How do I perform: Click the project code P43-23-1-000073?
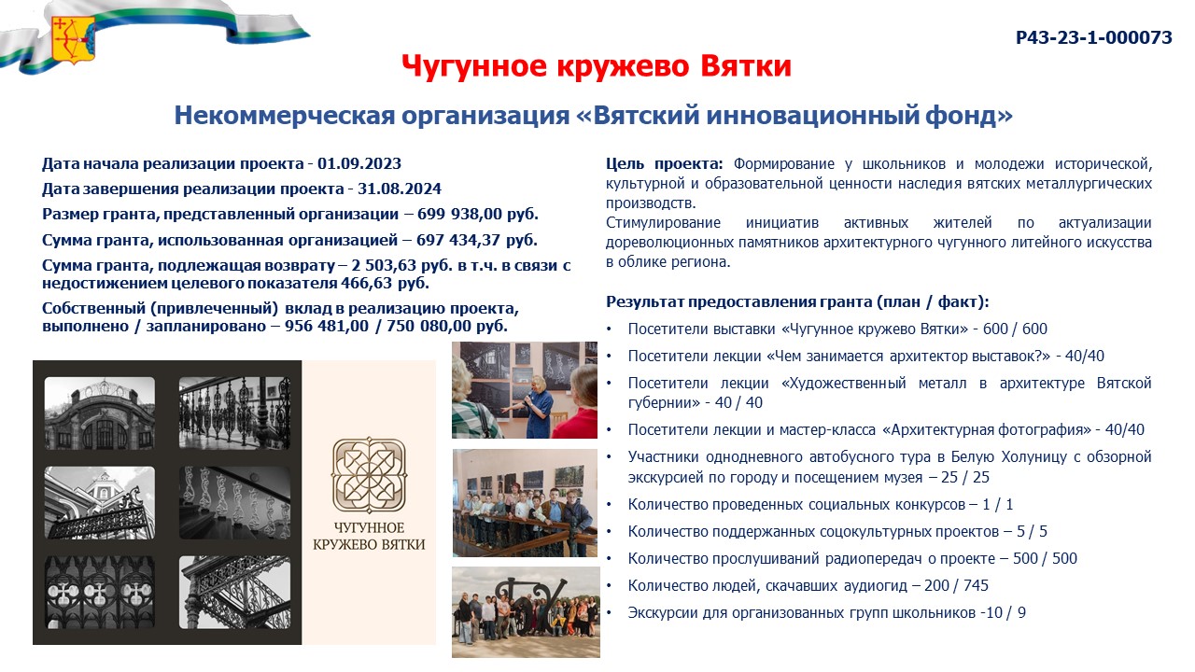pyautogui.click(x=1093, y=37)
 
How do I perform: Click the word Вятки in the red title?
pyautogui.click(x=746, y=66)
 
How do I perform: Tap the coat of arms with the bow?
pyautogui.click(x=73, y=39)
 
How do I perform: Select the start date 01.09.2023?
pyautogui.click(x=359, y=163)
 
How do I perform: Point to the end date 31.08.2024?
pyautogui.click(x=400, y=189)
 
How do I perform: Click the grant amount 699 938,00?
pyautogui.click(x=460, y=214)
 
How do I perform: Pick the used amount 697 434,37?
pyautogui.click(x=458, y=240)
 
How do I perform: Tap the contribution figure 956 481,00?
pyautogui.click(x=327, y=326)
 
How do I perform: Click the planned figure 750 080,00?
pyautogui.click(x=429, y=326)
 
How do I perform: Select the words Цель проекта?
pyautogui.click(x=664, y=163)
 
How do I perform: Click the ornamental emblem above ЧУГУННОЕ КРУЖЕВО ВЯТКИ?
pyautogui.click(x=369, y=475)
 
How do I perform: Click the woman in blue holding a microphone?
pyautogui.click(x=535, y=408)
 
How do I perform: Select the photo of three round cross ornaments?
pyautogui.click(x=100, y=592)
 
